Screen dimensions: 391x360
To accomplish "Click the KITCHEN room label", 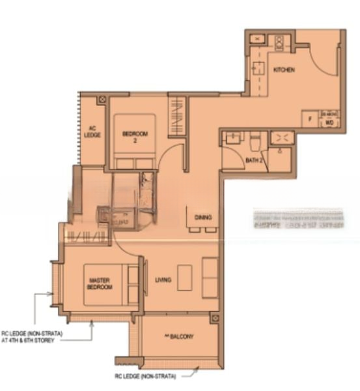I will pyautogui.click(x=284, y=69).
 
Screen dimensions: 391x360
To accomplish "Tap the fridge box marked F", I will pyautogui.click(x=310, y=121).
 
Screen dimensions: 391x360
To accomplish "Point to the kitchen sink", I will pyautogui.click(x=258, y=67).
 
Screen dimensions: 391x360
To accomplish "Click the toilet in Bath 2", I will pyautogui.click(x=255, y=139).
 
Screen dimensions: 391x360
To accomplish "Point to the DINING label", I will pyautogui.click(x=202, y=217).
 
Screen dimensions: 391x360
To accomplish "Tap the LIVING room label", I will pyautogui.click(x=163, y=280).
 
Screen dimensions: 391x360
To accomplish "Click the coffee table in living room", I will pyautogui.click(x=185, y=278).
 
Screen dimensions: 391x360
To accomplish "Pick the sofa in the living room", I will pyautogui.click(x=210, y=278).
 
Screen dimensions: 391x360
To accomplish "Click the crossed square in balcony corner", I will pyautogui.click(x=214, y=319).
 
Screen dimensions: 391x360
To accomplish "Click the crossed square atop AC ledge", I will pyautogui.click(x=102, y=100).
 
